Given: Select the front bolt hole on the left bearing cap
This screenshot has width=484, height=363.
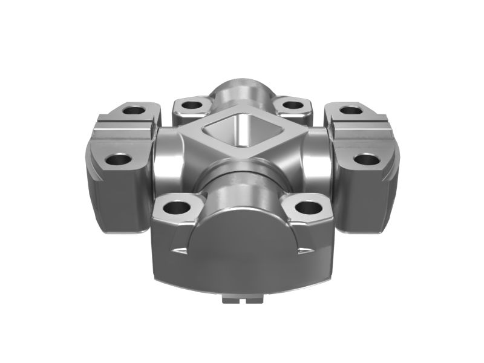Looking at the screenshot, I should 119,161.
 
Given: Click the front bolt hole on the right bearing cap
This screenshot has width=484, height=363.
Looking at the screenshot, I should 365,160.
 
